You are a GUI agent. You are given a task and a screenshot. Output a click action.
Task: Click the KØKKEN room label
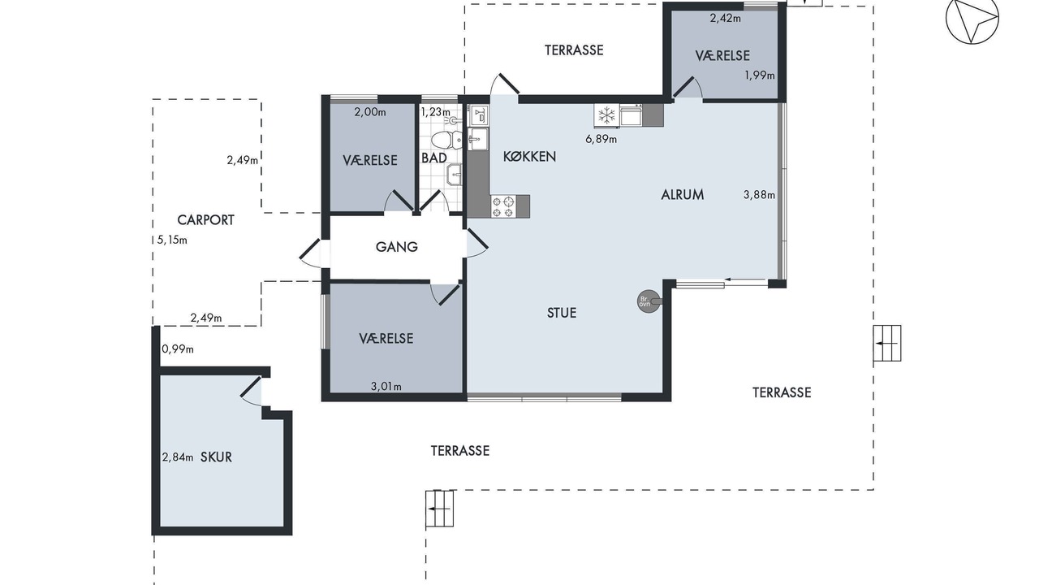tap(529, 157)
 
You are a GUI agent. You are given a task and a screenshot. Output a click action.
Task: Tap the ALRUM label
tap(683, 194)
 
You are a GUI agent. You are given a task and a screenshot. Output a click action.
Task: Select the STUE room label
tap(562, 313)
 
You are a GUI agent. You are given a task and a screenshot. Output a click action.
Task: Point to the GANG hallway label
tap(397, 247)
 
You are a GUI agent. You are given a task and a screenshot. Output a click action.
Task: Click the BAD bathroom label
tap(434, 158)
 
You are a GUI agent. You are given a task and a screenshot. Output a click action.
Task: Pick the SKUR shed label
tap(216, 457)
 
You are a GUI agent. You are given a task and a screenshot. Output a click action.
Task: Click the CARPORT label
tap(206, 220)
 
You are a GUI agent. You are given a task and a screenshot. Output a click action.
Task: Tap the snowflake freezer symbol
tap(606, 115)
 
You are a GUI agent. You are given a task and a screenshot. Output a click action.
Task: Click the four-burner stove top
tap(504, 206)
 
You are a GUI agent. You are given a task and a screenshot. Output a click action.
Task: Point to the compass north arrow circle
tap(972, 19)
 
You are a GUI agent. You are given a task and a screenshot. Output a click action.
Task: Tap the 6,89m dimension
tap(601, 139)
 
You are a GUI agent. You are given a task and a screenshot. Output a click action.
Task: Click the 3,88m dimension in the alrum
tap(759, 195)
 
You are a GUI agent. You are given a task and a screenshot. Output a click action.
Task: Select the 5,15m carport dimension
tap(172, 240)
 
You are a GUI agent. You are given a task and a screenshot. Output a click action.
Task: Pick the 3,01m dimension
tap(386, 386)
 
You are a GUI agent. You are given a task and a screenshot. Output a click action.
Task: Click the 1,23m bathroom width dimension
tap(436, 112)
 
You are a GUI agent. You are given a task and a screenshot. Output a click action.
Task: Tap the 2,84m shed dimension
tap(178, 457)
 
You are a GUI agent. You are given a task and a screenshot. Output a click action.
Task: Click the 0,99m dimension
tap(178, 349)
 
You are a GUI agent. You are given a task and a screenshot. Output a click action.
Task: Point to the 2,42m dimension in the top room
tap(726, 19)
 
